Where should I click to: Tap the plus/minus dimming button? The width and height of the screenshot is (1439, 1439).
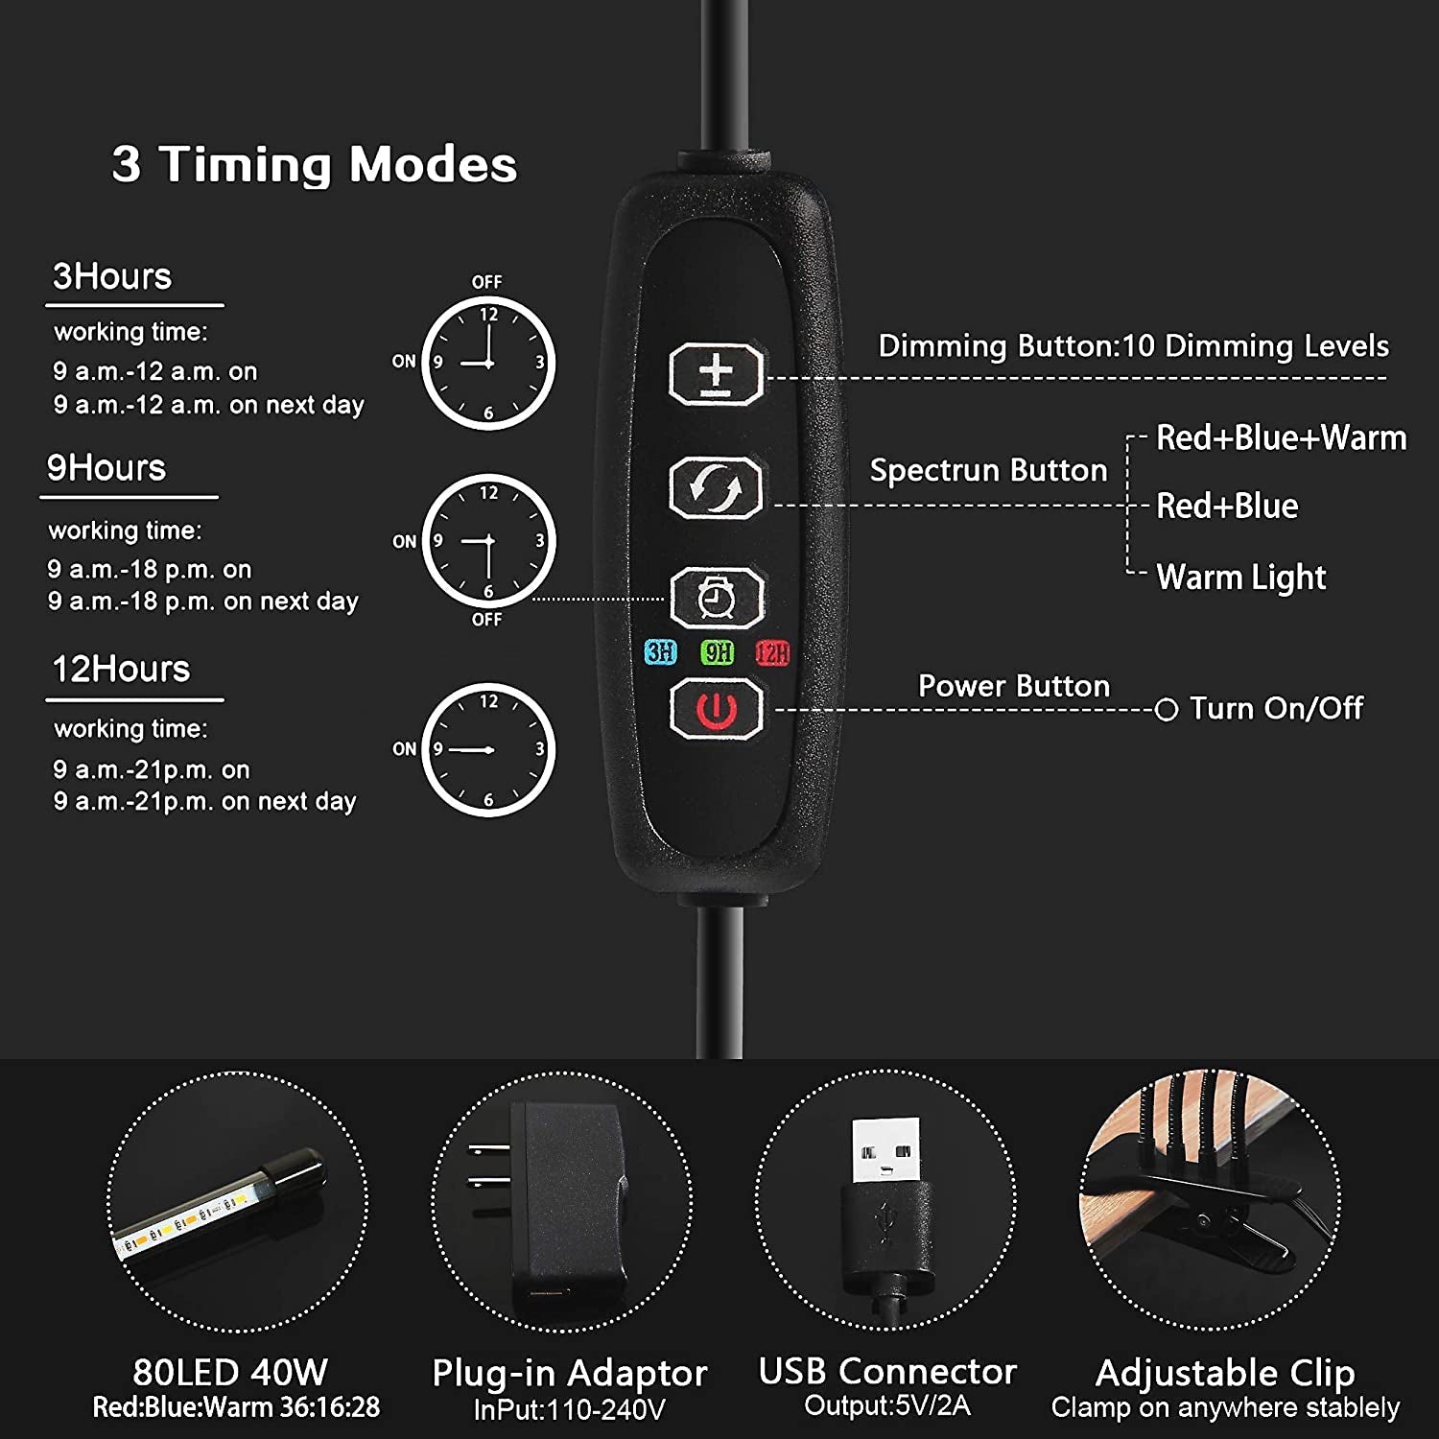click(716, 373)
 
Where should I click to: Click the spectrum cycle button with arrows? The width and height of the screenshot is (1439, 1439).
click(716, 487)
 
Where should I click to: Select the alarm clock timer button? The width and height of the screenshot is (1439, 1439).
click(716, 599)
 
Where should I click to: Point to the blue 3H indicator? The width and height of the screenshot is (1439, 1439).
click(660, 652)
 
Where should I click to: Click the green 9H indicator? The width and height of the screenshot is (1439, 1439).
click(718, 652)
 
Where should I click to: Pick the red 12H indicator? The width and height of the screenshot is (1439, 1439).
click(772, 653)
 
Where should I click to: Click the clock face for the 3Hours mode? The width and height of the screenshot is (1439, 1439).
click(488, 363)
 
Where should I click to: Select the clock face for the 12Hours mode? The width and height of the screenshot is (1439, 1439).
click(488, 749)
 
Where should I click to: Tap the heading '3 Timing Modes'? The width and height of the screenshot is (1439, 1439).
click(315, 164)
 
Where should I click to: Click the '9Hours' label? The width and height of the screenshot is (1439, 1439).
click(106, 468)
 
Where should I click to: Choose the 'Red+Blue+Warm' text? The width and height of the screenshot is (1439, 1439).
click(1281, 438)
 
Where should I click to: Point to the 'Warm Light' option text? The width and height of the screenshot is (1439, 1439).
click(1241, 578)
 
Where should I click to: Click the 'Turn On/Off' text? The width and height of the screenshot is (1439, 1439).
click(1277, 708)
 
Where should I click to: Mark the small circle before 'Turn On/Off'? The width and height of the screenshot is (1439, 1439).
click(1167, 710)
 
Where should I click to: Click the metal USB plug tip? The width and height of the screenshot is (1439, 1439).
click(885, 1151)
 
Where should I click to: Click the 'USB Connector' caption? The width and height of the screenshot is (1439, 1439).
click(887, 1372)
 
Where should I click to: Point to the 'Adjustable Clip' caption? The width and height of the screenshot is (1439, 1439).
click(1225, 1374)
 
